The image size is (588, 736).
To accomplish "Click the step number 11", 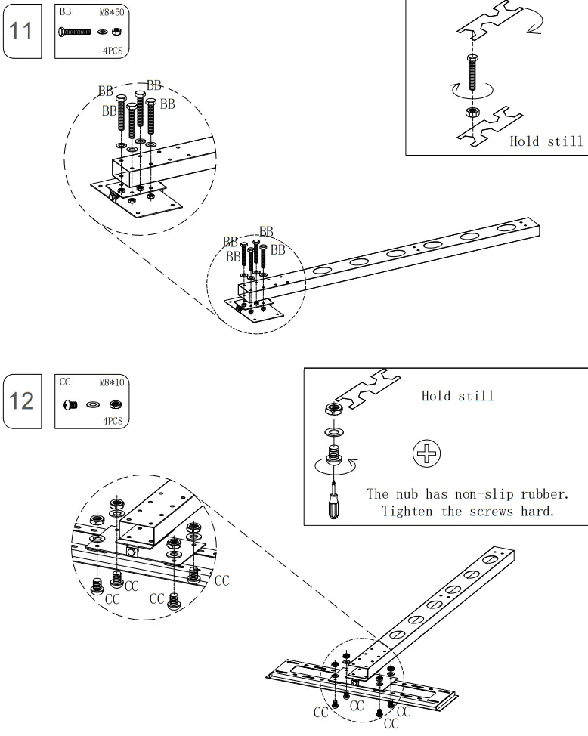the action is click(20, 31).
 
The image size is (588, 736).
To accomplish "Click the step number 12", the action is click(22, 400).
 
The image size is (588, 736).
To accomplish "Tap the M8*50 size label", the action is click(112, 12).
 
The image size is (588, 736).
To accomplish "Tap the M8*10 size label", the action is click(112, 382).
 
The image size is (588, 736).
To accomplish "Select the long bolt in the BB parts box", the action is click(75, 32).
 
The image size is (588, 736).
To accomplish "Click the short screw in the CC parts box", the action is click(71, 404).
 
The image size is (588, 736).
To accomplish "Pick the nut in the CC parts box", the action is click(116, 404).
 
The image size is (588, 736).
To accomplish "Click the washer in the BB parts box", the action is click(102, 32).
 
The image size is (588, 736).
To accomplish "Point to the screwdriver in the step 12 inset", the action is click(334, 499).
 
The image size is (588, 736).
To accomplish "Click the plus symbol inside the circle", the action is click(426, 454).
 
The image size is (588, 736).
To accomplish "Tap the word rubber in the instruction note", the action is click(544, 493).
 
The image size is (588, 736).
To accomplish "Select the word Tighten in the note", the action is click(407, 511).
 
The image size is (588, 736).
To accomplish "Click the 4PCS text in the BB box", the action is click(113, 51).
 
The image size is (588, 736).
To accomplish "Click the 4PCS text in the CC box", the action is click(113, 421).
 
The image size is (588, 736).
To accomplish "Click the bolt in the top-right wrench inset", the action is click(472, 72).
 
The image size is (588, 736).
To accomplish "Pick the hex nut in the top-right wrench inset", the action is click(472, 112).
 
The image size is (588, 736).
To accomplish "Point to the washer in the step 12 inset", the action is click(333, 431).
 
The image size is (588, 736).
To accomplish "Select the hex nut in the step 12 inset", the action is click(333, 409).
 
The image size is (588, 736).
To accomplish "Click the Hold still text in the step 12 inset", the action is click(457, 396).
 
